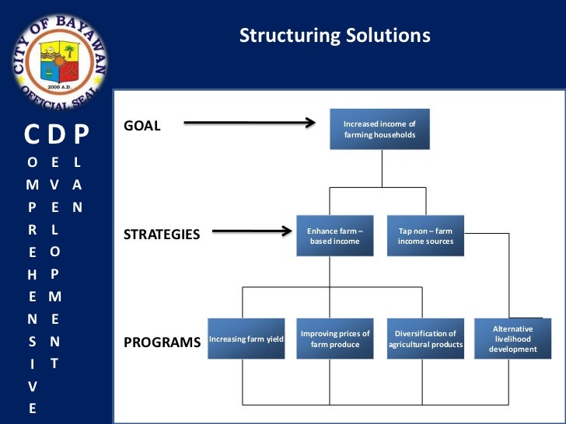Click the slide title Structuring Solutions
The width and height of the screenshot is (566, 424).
point(334,36)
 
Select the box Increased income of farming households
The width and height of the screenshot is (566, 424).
point(379,130)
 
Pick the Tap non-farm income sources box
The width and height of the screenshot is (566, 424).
point(425,236)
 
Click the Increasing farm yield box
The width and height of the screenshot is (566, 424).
point(246,339)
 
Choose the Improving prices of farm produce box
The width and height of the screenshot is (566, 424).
point(334,339)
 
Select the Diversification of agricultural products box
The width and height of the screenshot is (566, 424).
point(425,339)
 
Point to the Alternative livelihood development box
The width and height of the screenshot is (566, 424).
point(512,339)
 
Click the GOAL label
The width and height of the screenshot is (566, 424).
point(142,126)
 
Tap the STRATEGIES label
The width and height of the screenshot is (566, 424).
point(162,234)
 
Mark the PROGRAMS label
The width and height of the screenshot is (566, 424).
point(162,342)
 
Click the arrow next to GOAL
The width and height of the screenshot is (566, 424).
point(249,122)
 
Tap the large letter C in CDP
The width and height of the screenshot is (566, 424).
point(33,135)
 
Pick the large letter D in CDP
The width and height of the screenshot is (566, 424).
point(56,135)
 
